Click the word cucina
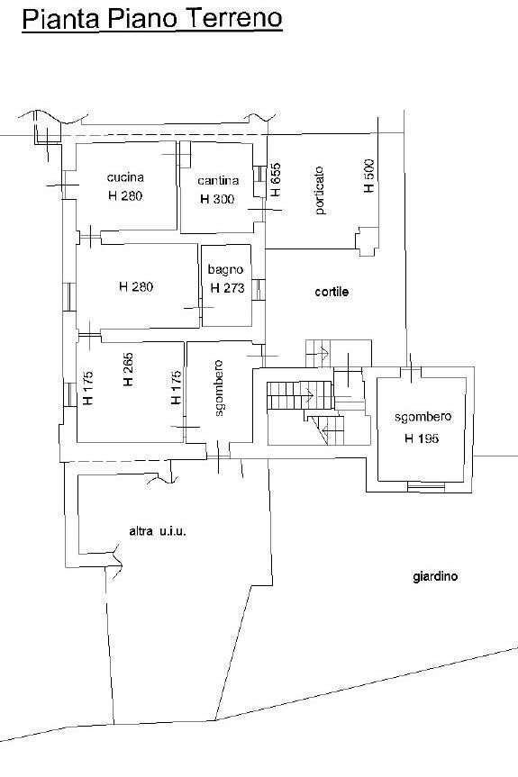(125, 177)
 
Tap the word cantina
(218, 180)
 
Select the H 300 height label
(217, 199)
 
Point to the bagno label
(225, 270)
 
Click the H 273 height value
(228, 288)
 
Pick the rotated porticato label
(320, 190)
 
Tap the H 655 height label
(275, 179)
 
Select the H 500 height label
(368, 176)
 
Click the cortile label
(332, 292)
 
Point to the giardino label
(435, 577)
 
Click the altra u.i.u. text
(158, 532)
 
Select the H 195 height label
(422, 438)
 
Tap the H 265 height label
(128, 369)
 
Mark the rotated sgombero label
(219, 388)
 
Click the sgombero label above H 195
(423, 417)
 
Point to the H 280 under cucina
(125, 195)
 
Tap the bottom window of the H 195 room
(425, 487)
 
